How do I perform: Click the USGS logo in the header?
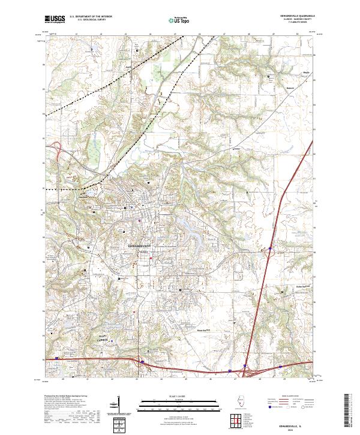pyautogui.click(x=55, y=19)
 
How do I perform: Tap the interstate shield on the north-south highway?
pyautogui.click(x=270, y=246)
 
